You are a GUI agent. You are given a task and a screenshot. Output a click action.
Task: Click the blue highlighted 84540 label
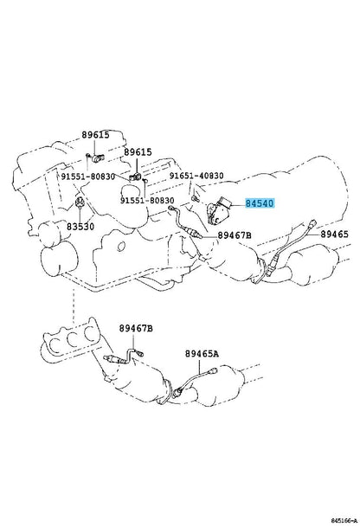tap(260, 203)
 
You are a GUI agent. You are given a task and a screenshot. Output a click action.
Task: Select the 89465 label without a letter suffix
tap(334, 235)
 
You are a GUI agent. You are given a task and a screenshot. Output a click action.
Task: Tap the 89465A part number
tap(202, 354)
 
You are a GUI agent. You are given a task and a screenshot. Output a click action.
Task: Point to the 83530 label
tap(80, 227)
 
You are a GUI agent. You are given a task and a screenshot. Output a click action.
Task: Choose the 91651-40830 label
tap(196, 176)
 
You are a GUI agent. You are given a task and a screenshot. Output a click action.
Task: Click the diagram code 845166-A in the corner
tap(344, 521)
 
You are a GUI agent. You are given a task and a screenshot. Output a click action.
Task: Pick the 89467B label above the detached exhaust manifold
tap(136, 328)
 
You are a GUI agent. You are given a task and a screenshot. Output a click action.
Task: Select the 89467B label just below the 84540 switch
tap(235, 235)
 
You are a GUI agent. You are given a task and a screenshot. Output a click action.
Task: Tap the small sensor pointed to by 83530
tap(80, 203)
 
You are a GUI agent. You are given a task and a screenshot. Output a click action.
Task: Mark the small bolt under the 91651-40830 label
tap(195, 199)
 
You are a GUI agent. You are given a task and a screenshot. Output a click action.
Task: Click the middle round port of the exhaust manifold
tap(73, 339)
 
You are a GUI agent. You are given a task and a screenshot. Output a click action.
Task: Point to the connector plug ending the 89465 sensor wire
tap(313, 222)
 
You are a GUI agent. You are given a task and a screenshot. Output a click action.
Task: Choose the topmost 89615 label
tap(95, 135)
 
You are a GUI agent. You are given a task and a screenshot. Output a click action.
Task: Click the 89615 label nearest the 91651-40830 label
tap(138, 152)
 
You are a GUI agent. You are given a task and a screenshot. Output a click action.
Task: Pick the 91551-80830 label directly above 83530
tap(88, 177)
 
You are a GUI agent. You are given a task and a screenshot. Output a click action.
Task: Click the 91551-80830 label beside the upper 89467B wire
tap(147, 200)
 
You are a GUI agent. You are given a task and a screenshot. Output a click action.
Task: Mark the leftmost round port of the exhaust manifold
tap(55, 344)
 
